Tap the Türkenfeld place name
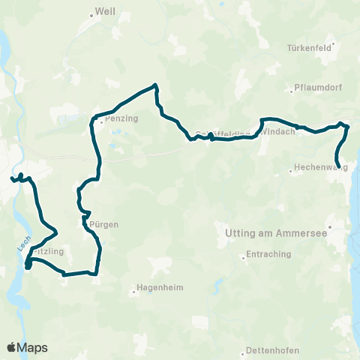click(309, 47)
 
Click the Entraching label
click(268, 254)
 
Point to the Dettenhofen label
click(271, 351)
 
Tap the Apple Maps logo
click(28, 347)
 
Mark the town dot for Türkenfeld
click(334, 43)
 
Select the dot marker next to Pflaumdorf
click(292, 92)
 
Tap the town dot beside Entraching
click(243, 255)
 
